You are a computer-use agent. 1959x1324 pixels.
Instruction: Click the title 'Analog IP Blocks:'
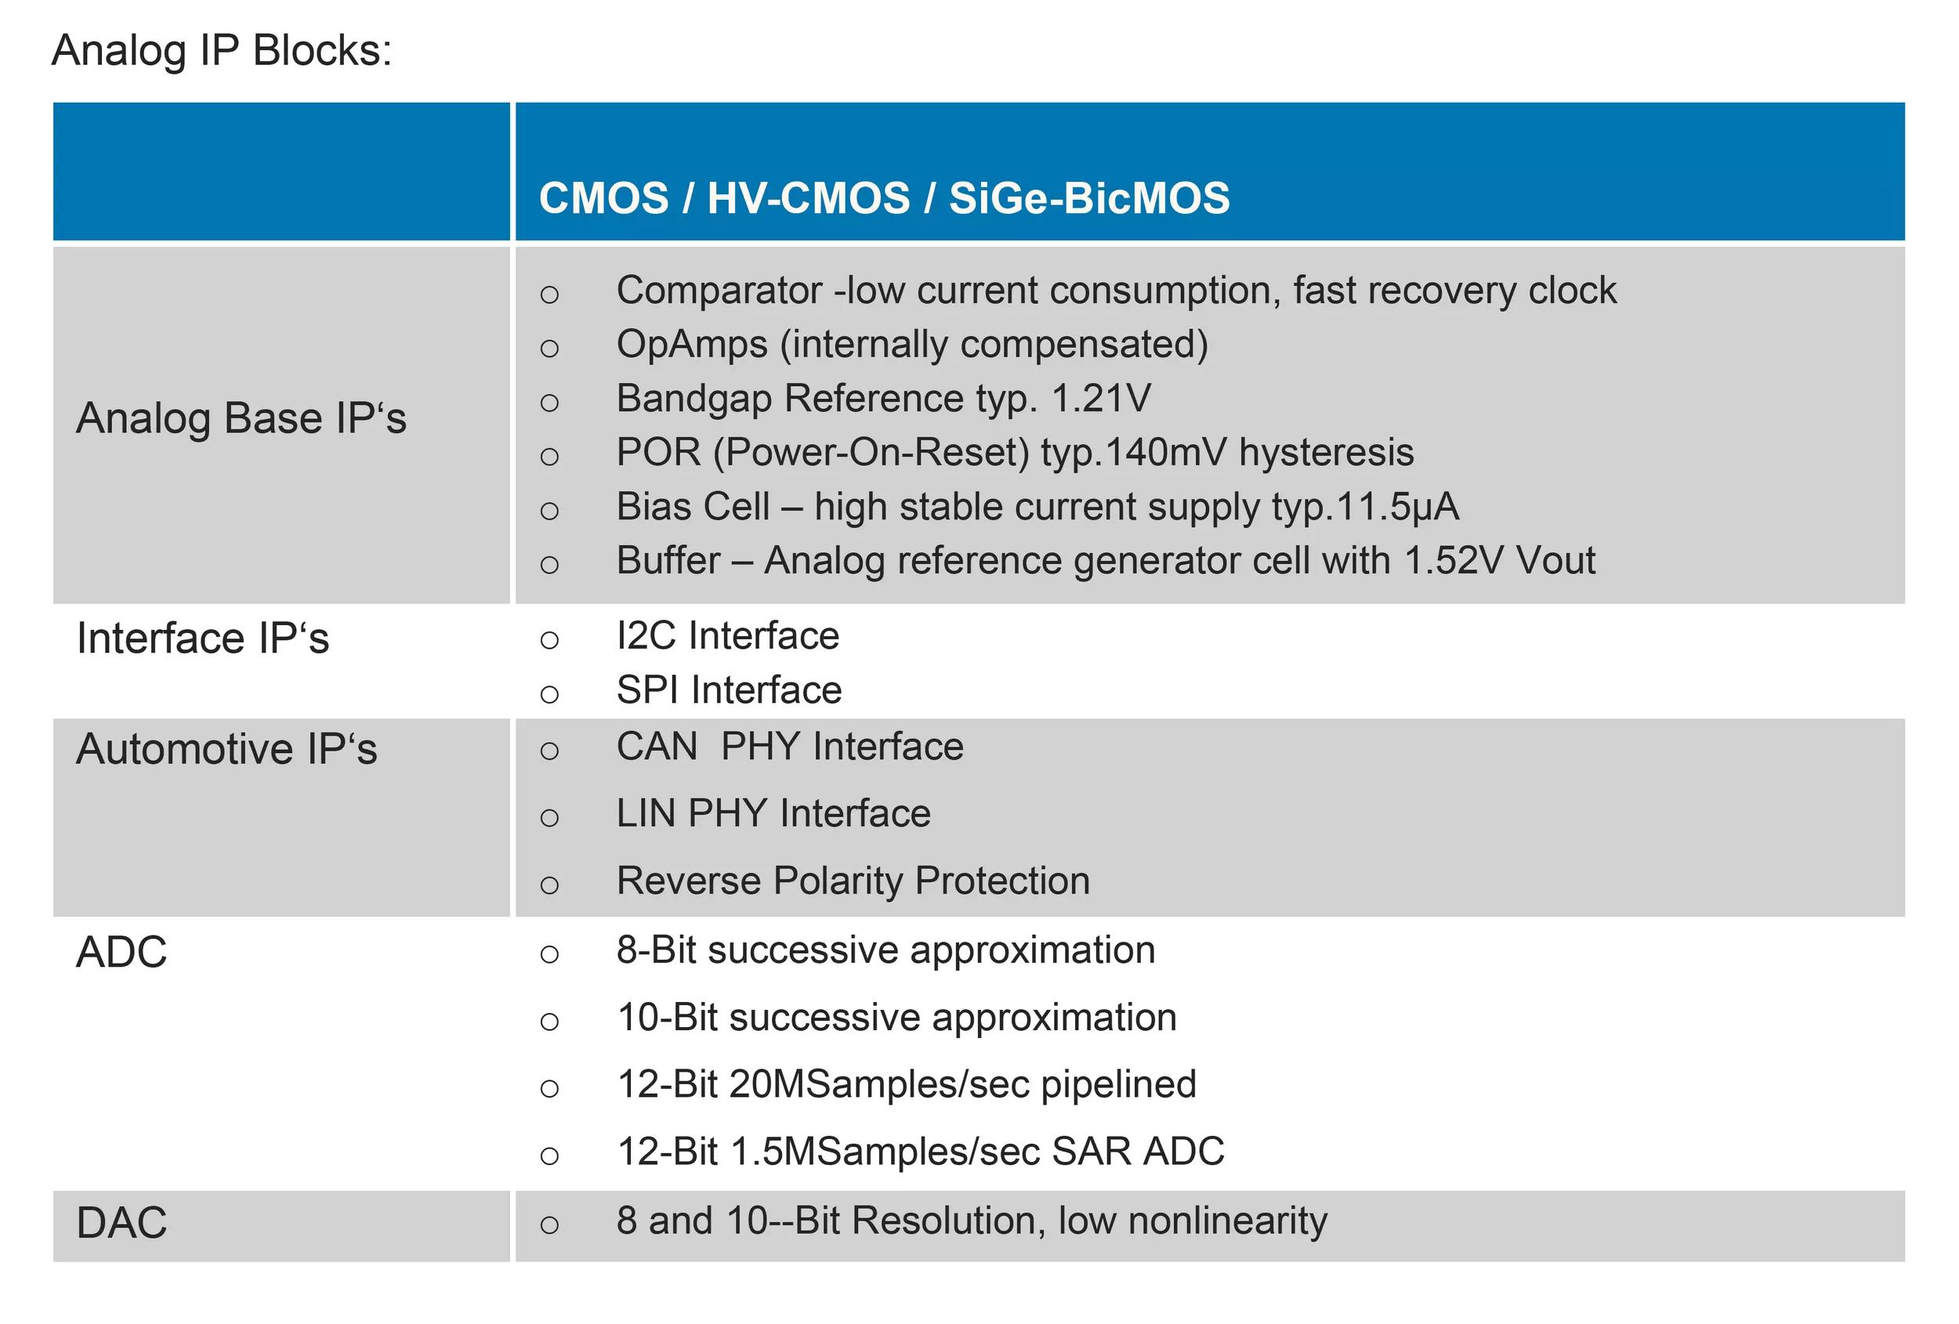point(222,51)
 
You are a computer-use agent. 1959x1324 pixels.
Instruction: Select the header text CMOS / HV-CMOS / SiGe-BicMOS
point(884,198)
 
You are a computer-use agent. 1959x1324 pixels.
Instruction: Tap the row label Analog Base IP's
point(241,418)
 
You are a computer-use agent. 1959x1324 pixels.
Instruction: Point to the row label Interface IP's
point(202,638)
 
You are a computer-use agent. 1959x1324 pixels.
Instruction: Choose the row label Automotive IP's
point(226,748)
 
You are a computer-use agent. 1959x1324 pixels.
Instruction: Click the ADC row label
point(121,953)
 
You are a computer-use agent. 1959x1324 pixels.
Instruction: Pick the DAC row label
point(121,1223)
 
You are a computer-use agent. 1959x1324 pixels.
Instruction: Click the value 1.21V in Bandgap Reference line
point(1101,398)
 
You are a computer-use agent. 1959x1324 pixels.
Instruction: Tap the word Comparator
point(719,291)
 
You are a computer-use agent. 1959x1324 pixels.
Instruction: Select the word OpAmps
point(692,345)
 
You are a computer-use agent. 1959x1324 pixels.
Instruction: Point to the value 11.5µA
point(1396,507)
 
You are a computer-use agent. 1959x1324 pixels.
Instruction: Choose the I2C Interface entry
point(728,635)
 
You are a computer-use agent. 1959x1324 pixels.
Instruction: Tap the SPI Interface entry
point(730,690)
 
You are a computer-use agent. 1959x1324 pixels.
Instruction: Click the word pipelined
point(1118,1084)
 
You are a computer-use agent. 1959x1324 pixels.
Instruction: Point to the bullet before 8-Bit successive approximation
point(549,954)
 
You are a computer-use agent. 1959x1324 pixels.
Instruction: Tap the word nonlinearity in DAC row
point(1227,1221)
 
